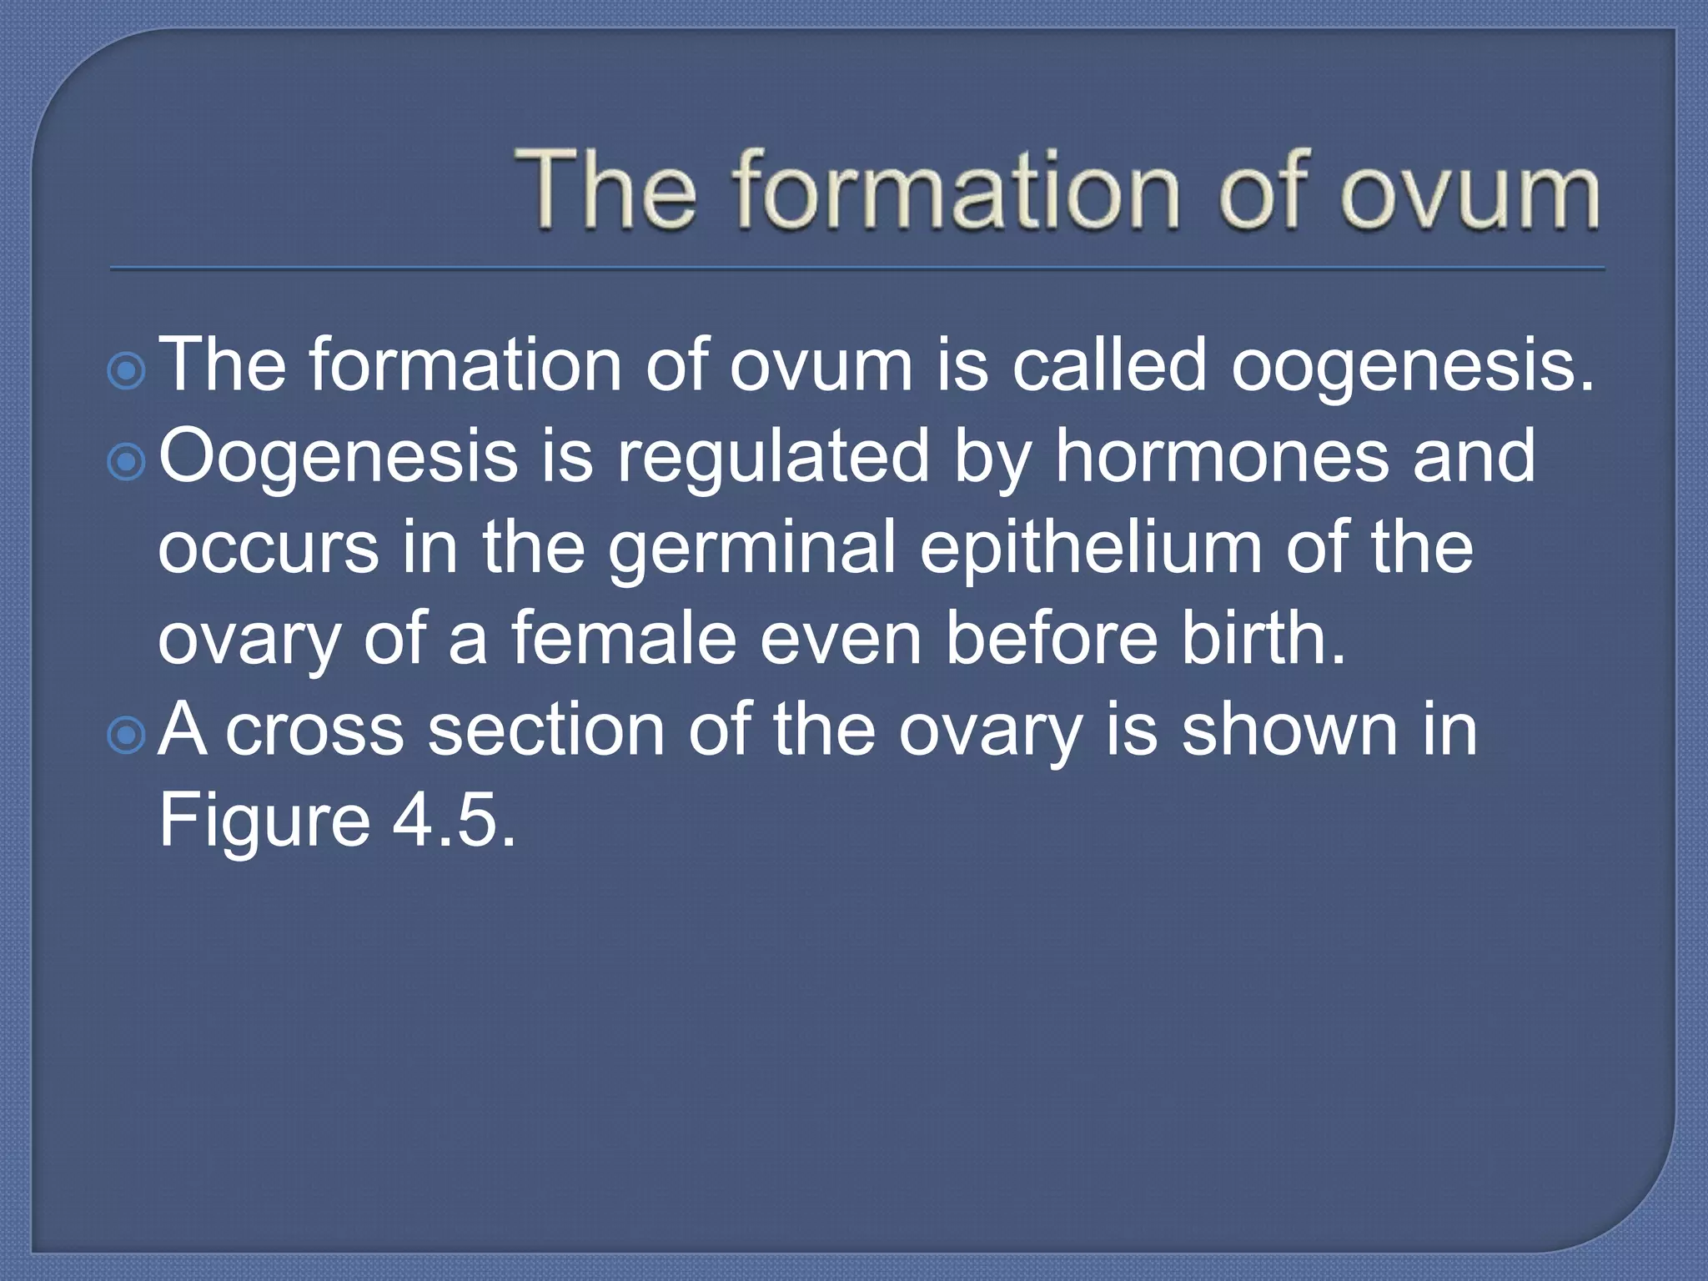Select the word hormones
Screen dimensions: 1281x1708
coord(1222,456)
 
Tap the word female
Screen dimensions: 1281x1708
coord(624,639)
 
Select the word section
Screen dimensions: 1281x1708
coord(546,731)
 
